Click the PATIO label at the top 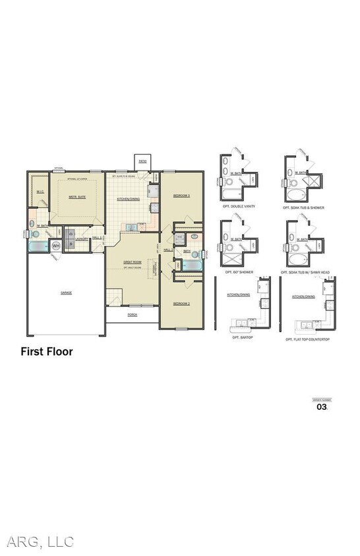142,160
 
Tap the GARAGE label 67,292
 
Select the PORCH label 132,314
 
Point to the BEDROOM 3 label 181,196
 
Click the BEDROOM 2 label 181,304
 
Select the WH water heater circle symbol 56,246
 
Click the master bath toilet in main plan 36,233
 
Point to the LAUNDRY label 82,239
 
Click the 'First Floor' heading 46,352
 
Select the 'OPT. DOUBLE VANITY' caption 239,208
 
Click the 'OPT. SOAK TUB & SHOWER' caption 303,208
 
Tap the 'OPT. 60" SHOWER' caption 239,272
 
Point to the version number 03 322,407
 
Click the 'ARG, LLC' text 40,542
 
